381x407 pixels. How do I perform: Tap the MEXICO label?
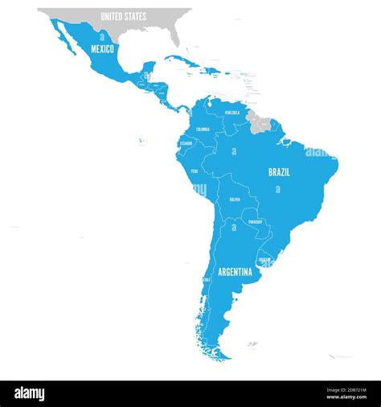[x=102, y=49]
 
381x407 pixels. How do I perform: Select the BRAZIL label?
[x=279, y=172]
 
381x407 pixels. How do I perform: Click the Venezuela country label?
[x=232, y=113]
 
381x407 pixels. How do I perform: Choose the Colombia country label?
[x=203, y=129]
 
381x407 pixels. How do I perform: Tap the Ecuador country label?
[x=184, y=144]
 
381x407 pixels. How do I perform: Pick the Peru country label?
[x=195, y=171]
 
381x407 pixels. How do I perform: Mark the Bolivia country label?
[x=235, y=199]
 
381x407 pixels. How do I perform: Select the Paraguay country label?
[x=255, y=221]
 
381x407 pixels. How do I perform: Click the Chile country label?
[x=207, y=280]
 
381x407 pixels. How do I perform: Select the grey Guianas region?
[x=260, y=121]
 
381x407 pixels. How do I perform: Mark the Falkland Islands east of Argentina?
[x=252, y=343]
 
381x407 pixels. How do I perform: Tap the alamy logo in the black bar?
[x=30, y=394]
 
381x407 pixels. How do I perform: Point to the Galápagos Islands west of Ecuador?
[x=140, y=142]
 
